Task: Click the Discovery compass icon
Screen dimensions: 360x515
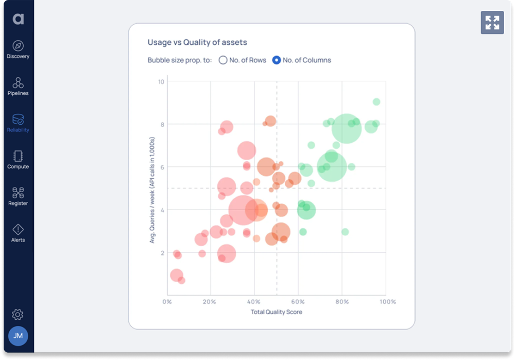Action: pos(18,46)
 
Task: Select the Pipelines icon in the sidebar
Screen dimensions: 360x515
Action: pos(18,83)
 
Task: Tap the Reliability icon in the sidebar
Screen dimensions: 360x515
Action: pos(18,119)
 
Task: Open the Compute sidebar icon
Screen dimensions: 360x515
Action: pos(18,156)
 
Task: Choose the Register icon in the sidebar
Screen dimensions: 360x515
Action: pos(18,193)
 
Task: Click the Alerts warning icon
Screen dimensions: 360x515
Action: pos(18,230)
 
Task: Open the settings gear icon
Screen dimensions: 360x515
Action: pos(18,314)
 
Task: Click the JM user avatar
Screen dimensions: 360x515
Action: pos(18,336)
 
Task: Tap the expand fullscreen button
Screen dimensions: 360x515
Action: pos(492,23)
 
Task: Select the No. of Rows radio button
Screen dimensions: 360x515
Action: pos(223,60)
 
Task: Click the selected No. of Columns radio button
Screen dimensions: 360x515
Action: pos(277,60)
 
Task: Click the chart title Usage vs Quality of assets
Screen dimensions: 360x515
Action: pos(197,42)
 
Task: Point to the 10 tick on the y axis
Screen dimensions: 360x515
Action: pos(161,82)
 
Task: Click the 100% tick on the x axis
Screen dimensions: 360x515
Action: pos(387,302)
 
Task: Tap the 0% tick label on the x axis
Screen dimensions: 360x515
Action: pos(167,302)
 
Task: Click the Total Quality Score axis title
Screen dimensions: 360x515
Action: pos(277,312)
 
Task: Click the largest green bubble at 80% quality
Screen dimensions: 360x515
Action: pos(346,129)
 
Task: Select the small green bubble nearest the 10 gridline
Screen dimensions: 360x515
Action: pos(376,102)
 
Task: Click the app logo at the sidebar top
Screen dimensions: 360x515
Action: pos(18,19)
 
